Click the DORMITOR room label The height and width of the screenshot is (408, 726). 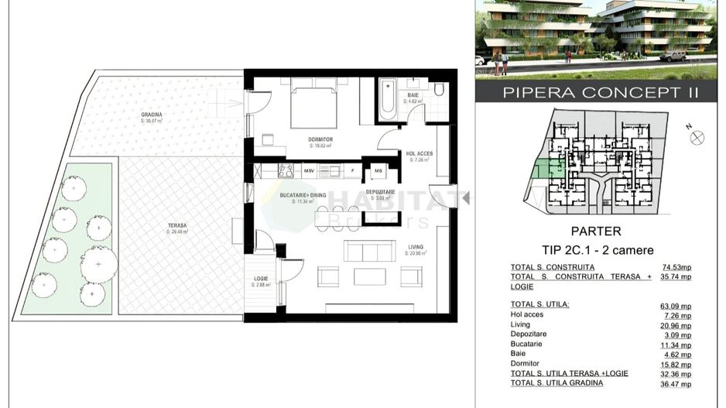coord(320,140)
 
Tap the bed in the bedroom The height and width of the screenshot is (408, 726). coord(313,107)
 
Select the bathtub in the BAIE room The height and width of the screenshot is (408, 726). coord(387,99)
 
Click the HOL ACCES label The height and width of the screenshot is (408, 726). coord(420,153)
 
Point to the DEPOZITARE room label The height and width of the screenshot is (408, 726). coord(381,191)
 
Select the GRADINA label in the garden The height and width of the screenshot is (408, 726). coord(152,115)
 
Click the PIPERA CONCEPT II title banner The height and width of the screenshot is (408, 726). coord(600,92)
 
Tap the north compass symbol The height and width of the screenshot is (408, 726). coord(697,138)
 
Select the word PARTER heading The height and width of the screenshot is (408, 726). coord(596,231)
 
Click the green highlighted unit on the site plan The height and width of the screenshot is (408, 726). coord(547,171)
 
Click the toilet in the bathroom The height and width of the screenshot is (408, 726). coord(439,90)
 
